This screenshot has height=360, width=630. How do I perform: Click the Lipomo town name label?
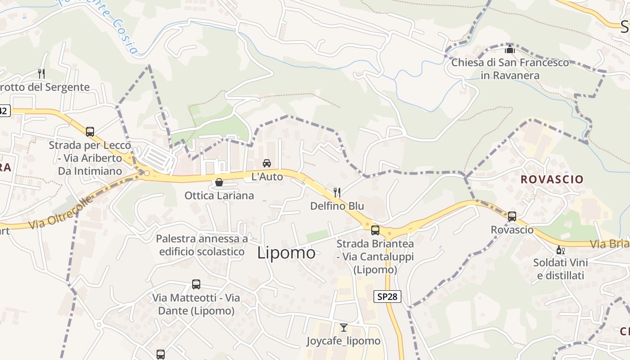(x=286, y=253)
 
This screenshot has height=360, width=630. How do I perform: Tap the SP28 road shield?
(x=387, y=297)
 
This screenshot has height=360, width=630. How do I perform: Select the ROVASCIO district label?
(x=552, y=179)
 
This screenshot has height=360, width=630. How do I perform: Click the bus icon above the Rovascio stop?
(x=512, y=216)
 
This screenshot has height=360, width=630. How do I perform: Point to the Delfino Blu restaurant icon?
(x=337, y=193)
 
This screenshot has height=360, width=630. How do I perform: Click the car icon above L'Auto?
(x=267, y=163)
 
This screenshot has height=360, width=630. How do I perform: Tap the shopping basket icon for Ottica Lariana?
(x=219, y=182)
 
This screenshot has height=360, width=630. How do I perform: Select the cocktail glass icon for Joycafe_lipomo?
(x=344, y=328)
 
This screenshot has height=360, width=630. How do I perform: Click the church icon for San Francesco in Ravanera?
(x=510, y=49)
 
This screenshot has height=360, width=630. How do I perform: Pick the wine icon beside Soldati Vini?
(x=560, y=250)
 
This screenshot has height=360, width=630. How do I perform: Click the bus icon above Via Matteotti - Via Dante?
(x=196, y=284)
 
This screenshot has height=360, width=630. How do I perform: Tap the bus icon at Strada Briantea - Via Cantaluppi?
(x=375, y=230)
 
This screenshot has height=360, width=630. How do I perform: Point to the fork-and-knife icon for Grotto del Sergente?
(x=41, y=73)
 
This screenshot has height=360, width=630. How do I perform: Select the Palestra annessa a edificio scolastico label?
(x=202, y=245)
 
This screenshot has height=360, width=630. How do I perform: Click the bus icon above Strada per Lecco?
(x=90, y=132)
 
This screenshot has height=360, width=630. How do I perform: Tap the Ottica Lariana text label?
(x=219, y=196)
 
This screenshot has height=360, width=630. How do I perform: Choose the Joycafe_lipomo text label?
(x=344, y=341)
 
